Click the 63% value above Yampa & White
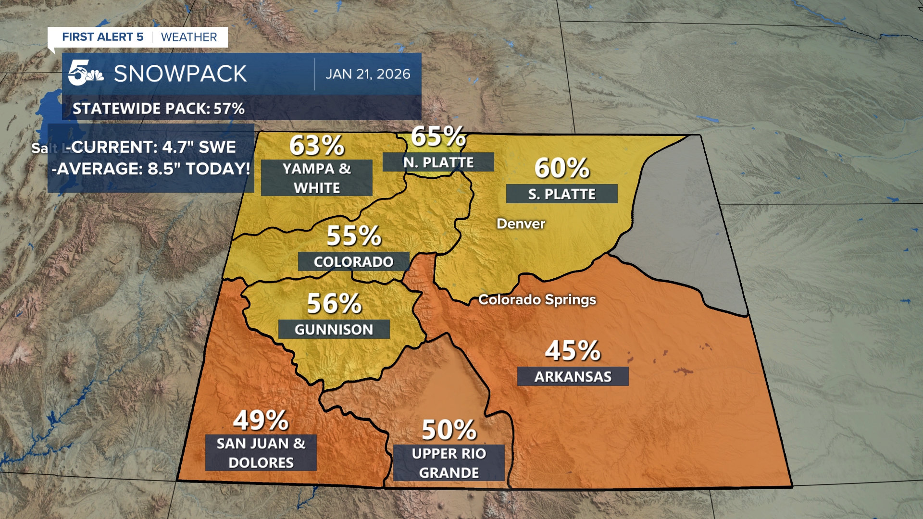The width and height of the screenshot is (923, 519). pos(317,145)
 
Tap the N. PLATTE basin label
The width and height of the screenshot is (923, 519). pos(438,162)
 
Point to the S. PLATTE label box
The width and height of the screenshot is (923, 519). pos(561,194)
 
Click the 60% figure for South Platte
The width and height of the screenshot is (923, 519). pos(561,168)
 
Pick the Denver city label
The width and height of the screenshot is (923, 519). pos(521,224)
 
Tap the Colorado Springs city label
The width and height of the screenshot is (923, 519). pos(537,300)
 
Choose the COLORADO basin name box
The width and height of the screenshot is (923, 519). pos(353,262)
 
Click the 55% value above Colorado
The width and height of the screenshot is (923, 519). pos(353,235)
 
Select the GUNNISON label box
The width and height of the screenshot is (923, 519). pos(334,330)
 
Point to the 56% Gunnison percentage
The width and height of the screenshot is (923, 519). pos(334,304)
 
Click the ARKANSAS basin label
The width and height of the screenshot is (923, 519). pos(573,376)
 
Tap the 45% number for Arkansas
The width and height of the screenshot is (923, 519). pos(573,350)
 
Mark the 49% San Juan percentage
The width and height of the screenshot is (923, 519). pos(261,420)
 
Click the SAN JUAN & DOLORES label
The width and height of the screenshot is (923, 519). pos(261,453)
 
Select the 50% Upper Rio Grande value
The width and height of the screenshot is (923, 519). pos(449,430)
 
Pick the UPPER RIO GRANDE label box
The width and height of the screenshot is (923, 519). pos(449,463)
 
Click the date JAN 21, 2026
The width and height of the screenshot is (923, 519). pos(368,74)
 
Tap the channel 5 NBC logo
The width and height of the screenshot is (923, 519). pos(85,73)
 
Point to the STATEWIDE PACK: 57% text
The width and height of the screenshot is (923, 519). pos(159,109)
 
